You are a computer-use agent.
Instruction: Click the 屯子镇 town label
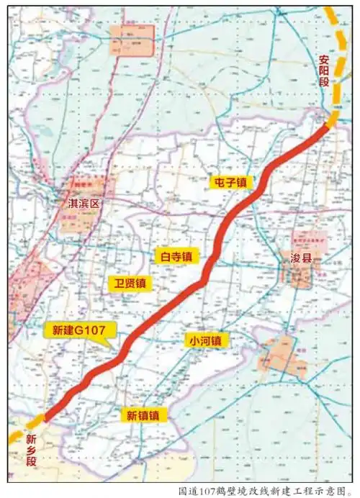point(230,183)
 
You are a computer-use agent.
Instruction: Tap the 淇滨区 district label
point(81,204)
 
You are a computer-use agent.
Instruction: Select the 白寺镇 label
point(176,255)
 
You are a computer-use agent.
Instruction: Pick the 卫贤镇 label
point(128,283)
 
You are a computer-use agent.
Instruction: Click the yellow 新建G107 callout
point(80,330)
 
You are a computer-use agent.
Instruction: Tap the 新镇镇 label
point(147,415)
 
